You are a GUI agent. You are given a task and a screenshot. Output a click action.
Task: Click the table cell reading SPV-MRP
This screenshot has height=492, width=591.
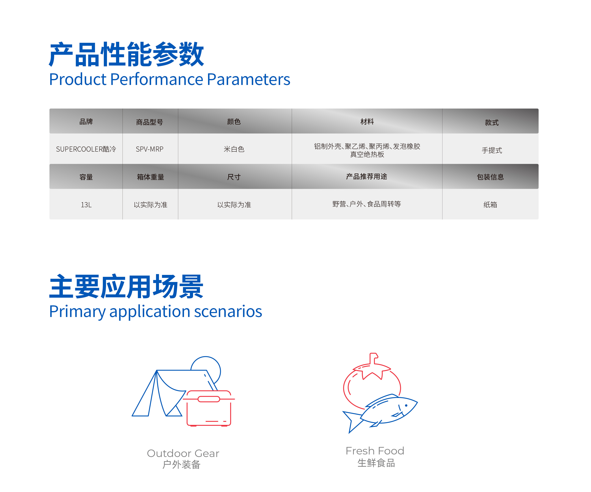click(x=150, y=149)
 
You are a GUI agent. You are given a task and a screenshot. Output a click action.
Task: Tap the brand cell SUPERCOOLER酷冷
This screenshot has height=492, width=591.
click(x=86, y=149)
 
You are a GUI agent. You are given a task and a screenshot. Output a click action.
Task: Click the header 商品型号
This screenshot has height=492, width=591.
click(x=150, y=122)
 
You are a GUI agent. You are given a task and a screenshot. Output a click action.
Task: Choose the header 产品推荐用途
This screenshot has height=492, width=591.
click(x=366, y=176)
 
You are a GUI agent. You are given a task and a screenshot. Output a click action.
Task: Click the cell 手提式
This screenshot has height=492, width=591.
click(x=492, y=150)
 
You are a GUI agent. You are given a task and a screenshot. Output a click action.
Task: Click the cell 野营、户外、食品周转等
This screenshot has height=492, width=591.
click(x=366, y=204)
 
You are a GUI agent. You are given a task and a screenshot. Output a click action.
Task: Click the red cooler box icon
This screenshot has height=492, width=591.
click(x=209, y=408)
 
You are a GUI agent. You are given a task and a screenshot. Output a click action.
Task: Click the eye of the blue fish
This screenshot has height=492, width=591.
click(x=406, y=405)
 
